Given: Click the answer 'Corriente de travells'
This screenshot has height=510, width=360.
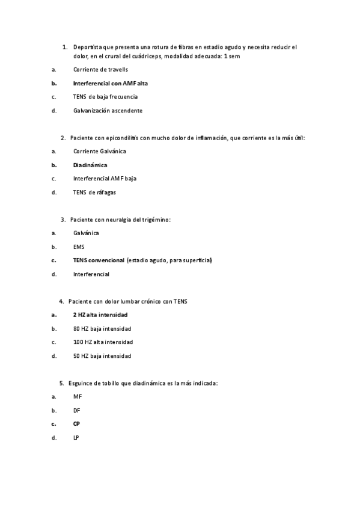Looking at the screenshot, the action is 100,70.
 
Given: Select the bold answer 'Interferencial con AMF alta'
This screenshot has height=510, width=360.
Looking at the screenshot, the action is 110,83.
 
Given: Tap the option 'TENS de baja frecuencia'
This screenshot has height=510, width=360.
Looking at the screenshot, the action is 105,97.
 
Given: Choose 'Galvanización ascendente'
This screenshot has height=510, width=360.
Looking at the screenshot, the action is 108,111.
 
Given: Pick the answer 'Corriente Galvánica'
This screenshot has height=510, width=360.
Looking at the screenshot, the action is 99,151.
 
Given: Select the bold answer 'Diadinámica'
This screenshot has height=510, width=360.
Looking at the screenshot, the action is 90,165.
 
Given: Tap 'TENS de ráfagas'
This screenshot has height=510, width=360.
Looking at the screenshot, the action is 94,192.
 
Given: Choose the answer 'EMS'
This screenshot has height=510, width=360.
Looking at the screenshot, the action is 79,247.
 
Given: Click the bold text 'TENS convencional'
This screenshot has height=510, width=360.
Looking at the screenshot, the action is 99,260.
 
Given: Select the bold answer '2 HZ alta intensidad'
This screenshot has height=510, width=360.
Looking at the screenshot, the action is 100,315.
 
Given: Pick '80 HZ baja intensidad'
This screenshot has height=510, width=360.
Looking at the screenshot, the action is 102,328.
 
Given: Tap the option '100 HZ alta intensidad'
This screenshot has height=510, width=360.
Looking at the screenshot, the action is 103,342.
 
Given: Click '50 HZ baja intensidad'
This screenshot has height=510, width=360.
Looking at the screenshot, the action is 102,356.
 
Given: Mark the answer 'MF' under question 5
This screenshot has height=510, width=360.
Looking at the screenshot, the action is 77,396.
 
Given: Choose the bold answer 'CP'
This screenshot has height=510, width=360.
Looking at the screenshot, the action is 76,424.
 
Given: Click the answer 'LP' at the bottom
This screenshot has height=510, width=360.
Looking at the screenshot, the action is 76,438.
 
